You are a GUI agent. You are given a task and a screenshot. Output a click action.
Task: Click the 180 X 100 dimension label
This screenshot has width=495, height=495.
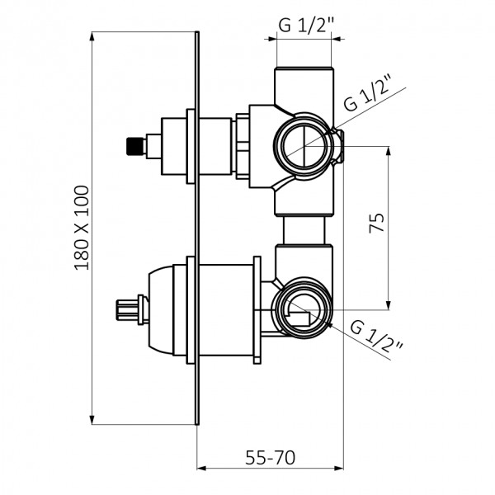click(x=82, y=228)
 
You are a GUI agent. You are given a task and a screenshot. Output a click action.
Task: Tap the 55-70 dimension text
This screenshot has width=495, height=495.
click(x=271, y=458)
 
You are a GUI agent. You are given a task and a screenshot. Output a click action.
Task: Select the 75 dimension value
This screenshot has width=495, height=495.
click(x=377, y=224)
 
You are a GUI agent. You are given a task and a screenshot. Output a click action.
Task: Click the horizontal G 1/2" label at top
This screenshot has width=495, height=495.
click(x=306, y=26)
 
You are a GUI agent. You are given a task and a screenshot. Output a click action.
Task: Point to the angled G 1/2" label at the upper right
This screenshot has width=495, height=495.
click(x=368, y=92)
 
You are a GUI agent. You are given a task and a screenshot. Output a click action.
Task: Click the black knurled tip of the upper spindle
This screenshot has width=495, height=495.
click(x=133, y=146)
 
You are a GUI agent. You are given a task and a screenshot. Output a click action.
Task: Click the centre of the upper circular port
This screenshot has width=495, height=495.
click(x=304, y=146)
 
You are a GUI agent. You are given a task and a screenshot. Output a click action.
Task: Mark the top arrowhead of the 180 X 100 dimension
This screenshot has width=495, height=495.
click(x=92, y=36)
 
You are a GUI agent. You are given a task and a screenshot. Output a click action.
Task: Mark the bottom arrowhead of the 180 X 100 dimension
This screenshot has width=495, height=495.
click(x=92, y=420)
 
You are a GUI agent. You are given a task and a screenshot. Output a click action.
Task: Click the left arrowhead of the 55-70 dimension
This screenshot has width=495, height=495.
click(x=201, y=468)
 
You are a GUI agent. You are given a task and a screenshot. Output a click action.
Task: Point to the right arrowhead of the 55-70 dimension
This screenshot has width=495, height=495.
click(x=339, y=468)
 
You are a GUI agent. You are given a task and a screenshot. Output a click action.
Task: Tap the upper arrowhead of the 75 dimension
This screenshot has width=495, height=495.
click(x=389, y=151)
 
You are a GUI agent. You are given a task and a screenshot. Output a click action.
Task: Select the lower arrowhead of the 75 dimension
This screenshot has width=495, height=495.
click(x=389, y=305)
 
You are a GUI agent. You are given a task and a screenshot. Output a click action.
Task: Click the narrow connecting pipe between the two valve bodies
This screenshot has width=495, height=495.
click(x=304, y=230)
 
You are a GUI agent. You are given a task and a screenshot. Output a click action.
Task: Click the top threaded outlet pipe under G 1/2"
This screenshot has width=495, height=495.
click(x=304, y=86)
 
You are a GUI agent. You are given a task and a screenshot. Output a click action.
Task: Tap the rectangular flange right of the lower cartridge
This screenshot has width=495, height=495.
click(x=257, y=310)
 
